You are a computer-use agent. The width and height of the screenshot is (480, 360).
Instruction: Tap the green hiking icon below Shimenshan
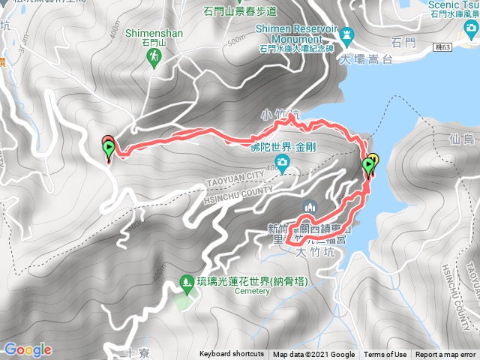tap(155, 56)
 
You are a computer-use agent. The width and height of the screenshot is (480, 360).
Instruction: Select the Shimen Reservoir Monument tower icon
tap(347, 34)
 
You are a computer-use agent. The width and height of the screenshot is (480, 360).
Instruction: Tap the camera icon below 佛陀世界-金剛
tap(282, 163)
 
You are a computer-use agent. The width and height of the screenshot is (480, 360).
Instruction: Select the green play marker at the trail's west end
tap(108, 151)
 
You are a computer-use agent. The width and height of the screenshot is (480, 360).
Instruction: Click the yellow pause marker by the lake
tap(373, 160)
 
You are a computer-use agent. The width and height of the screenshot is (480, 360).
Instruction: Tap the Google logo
tap(28, 349)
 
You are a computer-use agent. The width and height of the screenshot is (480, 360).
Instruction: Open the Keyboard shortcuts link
tap(232, 355)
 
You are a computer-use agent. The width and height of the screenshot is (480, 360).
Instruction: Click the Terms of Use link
tap(385, 355)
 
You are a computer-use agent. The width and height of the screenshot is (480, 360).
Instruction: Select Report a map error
tap(445, 355)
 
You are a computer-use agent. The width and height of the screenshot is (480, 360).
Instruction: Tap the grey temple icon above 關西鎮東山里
tap(307, 207)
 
